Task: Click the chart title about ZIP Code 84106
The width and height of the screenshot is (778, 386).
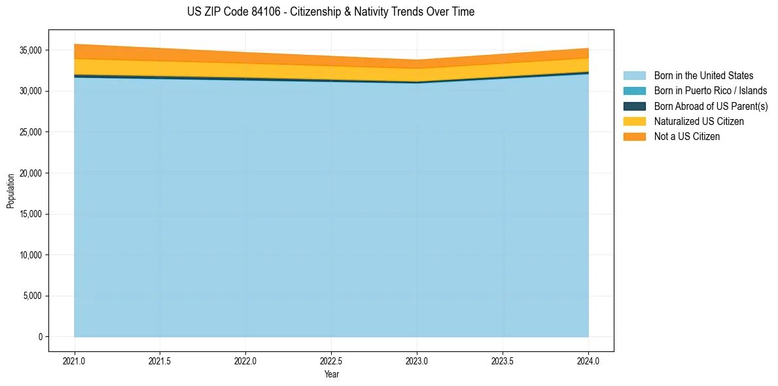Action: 330,12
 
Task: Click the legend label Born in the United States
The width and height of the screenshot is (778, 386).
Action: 703,76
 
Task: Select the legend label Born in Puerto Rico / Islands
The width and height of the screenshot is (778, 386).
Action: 711,91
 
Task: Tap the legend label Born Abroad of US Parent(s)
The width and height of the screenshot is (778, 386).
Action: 711,106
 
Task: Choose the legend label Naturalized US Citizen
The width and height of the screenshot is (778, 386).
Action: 699,122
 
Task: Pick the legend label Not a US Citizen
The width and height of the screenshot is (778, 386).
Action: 686,137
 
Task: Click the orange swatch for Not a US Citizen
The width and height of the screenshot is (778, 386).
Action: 634,137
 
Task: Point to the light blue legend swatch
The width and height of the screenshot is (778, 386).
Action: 634,76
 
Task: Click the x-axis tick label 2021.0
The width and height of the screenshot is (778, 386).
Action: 75,360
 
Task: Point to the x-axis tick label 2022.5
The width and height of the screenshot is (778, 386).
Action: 331,360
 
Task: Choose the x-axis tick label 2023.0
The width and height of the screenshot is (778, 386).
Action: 417,360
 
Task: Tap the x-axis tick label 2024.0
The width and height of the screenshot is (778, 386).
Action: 588,360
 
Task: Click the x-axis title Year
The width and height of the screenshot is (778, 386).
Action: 331,374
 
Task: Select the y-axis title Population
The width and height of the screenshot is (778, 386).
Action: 10,191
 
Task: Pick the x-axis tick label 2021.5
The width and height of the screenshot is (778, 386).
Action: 160,360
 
